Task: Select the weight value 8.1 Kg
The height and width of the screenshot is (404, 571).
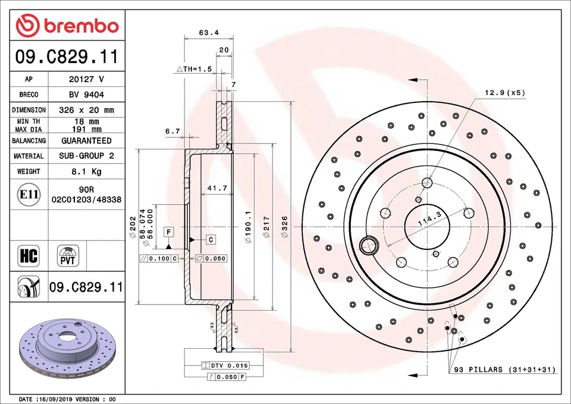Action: (x=86, y=171)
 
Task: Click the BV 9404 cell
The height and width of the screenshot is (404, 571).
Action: (x=86, y=95)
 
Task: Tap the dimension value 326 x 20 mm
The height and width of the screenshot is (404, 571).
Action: (x=86, y=110)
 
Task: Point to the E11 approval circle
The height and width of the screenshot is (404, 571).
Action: (x=29, y=195)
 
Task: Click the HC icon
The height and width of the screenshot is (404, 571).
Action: (x=29, y=256)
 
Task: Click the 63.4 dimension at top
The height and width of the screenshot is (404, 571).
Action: (x=204, y=33)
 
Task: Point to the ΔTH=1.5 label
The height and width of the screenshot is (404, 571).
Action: (x=194, y=69)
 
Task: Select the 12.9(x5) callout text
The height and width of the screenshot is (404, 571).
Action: (x=504, y=93)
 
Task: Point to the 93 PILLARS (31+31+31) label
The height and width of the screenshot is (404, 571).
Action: (x=504, y=369)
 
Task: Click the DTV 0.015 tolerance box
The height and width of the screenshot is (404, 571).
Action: (x=225, y=365)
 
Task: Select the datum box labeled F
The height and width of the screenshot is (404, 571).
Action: (x=170, y=231)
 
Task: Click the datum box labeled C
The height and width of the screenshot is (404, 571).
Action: (x=211, y=239)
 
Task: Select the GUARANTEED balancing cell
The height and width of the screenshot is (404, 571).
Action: (x=86, y=141)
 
